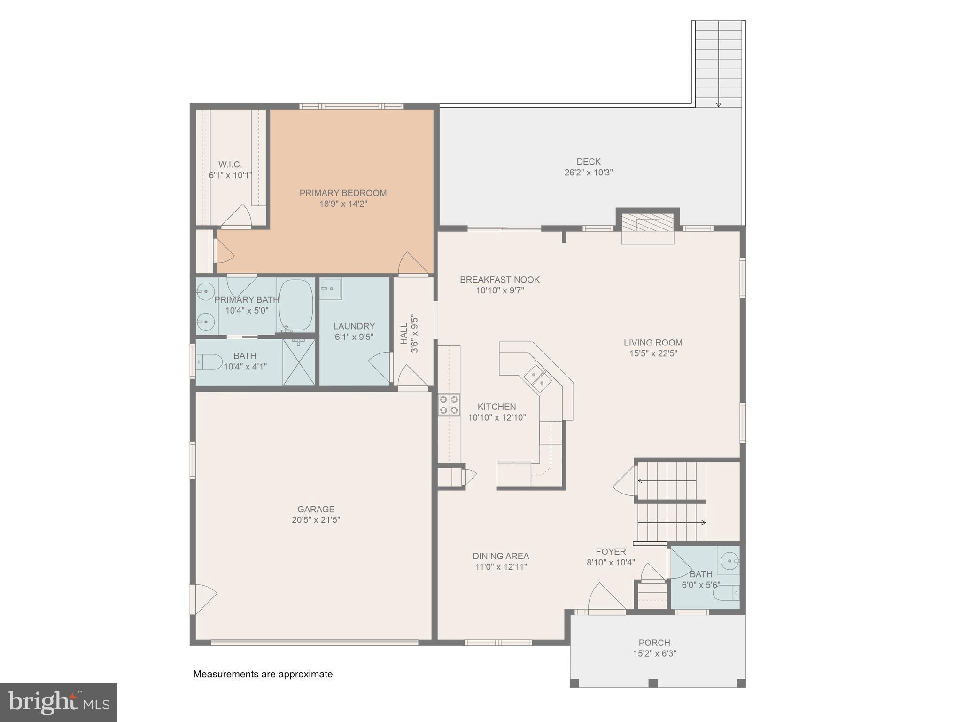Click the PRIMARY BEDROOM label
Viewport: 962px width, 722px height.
tap(343, 193)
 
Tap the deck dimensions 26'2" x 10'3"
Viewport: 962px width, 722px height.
tap(588, 173)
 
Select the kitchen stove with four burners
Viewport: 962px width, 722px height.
tap(449, 405)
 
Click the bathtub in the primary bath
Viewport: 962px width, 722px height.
tap(296, 306)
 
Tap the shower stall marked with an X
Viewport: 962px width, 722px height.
tap(299, 362)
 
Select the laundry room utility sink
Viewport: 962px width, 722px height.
tap(331, 288)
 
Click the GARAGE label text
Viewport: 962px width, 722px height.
tap(316, 509)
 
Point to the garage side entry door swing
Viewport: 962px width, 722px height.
tap(203, 599)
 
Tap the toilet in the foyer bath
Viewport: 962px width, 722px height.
tap(726, 593)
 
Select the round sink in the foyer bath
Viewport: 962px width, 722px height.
tap(729, 561)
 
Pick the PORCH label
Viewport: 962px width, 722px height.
tap(654, 643)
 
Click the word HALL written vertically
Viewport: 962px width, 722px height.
tap(404, 333)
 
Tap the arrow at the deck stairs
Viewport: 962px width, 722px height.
tap(718, 104)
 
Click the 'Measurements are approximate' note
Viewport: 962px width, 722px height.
tap(263, 674)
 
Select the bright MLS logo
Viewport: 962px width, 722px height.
tap(58, 702)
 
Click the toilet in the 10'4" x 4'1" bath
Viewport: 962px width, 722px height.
tap(209, 362)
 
